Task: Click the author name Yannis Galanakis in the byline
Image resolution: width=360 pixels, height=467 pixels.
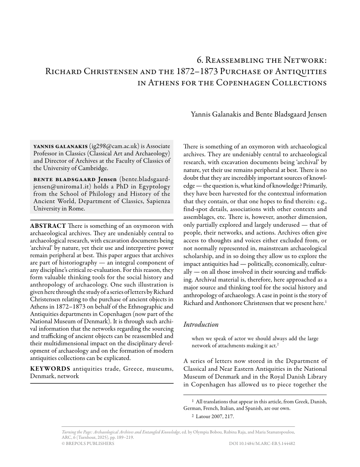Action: (214, 115)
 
